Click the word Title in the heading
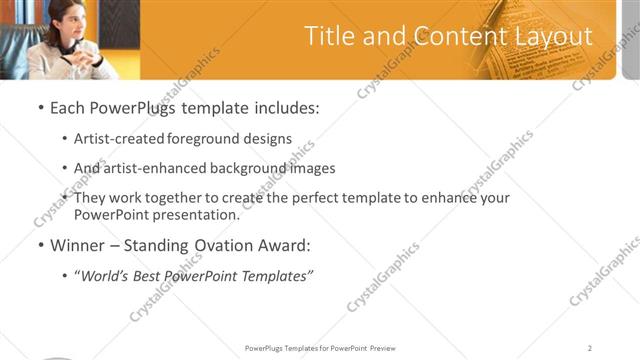[328, 37]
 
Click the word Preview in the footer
[382, 348]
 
